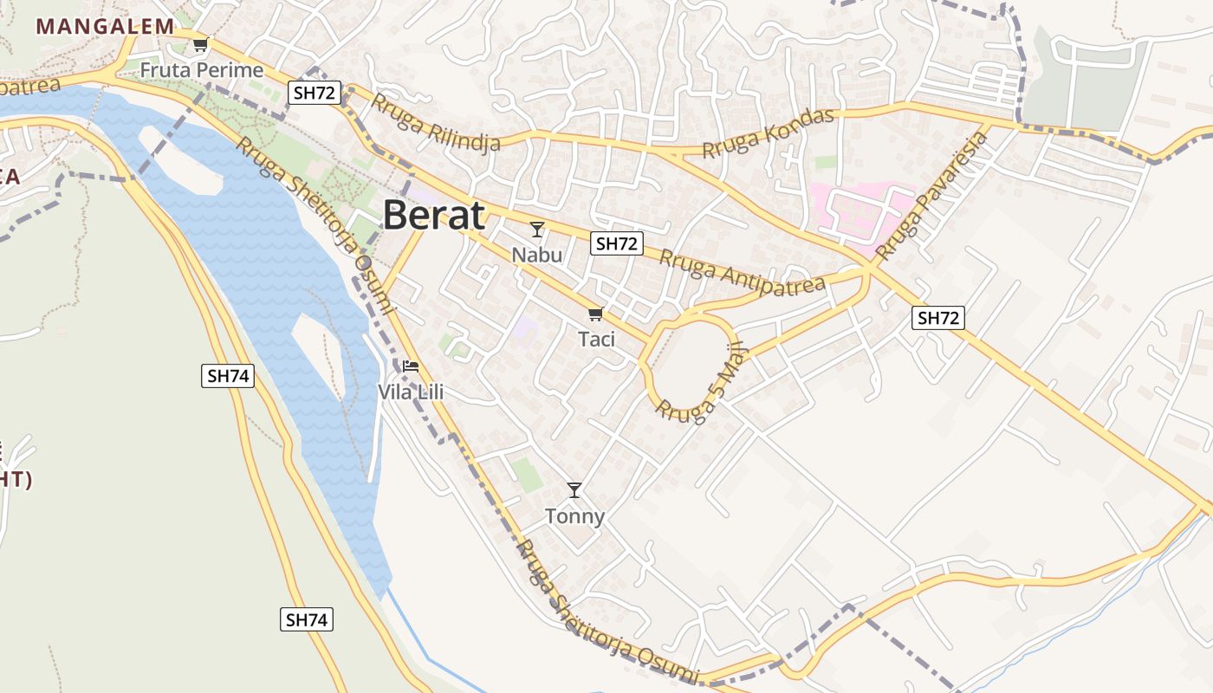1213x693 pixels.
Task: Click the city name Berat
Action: [433, 215]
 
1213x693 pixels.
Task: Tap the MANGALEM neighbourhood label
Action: [105, 26]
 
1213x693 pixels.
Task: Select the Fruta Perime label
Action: [202, 70]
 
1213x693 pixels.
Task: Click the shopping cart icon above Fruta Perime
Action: [201, 44]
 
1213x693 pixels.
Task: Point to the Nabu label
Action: [536, 255]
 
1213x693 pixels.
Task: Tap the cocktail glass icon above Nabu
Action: [537, 230]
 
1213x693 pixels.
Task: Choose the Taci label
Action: [596, 339]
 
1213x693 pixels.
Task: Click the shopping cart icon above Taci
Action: [595, 314]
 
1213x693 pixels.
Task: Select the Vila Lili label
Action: [411, 392]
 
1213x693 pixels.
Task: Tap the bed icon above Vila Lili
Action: [411, 366]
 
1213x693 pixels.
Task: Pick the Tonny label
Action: [574, 517]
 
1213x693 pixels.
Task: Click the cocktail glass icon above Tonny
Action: [574, 490]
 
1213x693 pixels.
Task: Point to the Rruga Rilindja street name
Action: [436, 122]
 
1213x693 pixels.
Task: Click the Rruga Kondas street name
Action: [768, 133]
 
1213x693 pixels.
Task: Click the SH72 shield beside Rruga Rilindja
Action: [315, 94]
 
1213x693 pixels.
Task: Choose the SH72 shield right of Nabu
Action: [617, 244]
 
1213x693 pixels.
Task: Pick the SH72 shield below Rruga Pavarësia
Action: [938, 318]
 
